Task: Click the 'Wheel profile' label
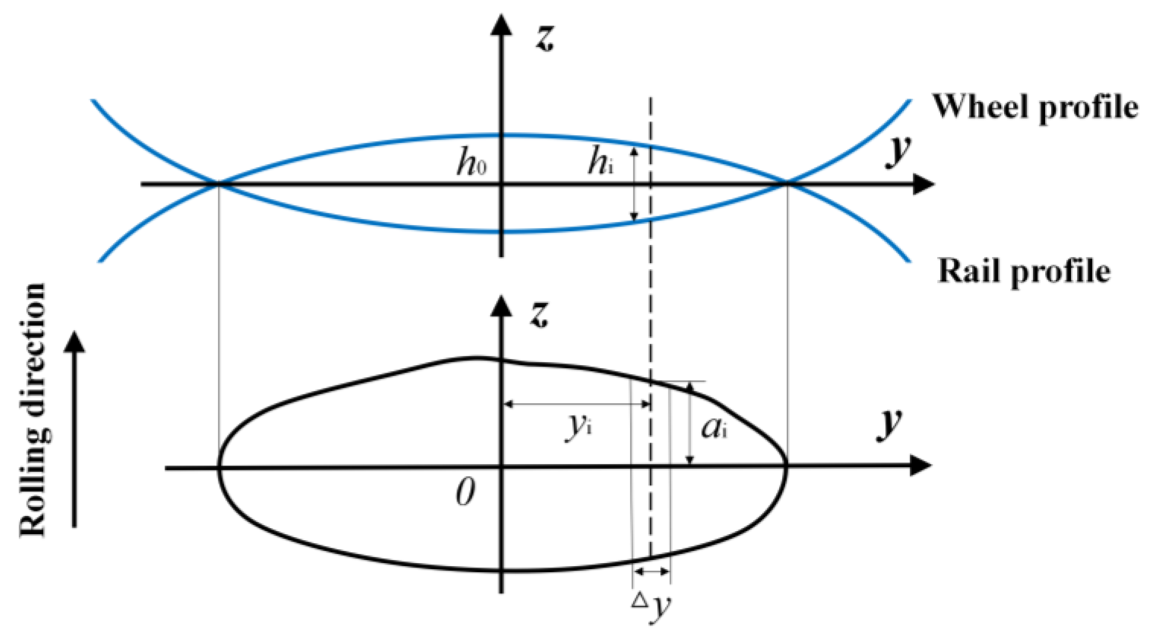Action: [1035, 107]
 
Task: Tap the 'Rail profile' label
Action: [1024, 271]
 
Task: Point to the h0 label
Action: [472, 163]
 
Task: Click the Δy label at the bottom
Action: [652, 605]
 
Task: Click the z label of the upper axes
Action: [545, 38]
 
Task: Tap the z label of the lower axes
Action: [539, 314]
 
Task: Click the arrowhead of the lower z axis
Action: [501, 306]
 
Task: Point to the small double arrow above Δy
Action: [651, 572]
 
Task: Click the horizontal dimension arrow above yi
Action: [578, 404]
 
